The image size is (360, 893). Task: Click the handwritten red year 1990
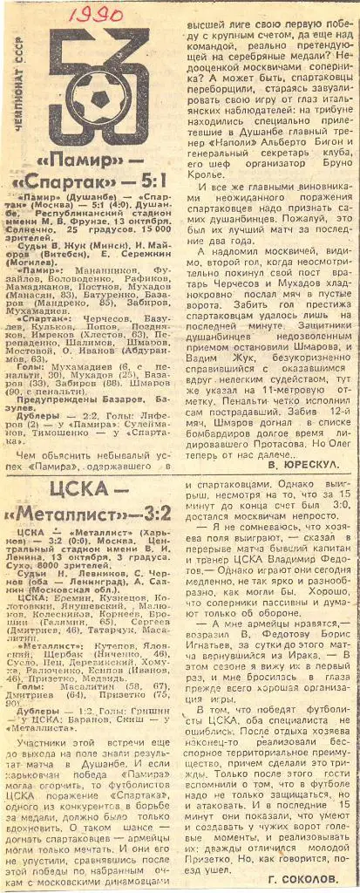tap(97, 15)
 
